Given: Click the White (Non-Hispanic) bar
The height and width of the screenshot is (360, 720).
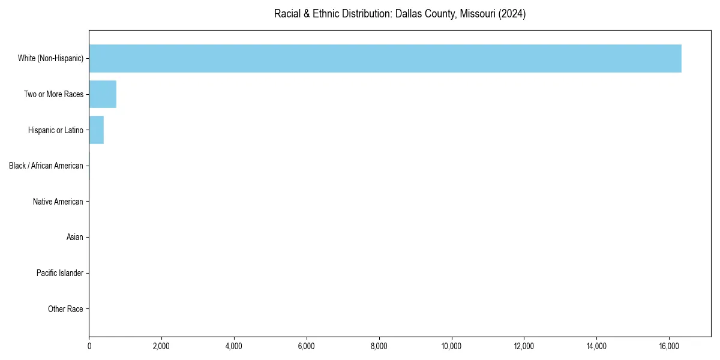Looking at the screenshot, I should point(385,58).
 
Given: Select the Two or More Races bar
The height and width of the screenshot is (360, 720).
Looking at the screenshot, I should point(103,94).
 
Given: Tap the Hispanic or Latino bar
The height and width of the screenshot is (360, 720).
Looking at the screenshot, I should point(97,130).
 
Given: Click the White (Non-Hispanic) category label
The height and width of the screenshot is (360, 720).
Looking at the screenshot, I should point(50,58).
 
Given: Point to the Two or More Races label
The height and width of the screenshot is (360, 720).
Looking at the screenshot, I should point(53,94).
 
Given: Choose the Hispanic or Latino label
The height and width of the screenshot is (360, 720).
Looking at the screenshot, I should point(55,130).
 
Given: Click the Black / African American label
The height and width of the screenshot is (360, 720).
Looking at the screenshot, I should point(46,166).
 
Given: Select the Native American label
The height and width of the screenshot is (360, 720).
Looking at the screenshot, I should point(58,202).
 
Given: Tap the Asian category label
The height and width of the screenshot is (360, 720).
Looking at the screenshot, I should point(74,238).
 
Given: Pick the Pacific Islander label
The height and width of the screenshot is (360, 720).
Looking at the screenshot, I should point(59,274).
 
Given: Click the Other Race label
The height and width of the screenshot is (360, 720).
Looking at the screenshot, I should point(65,309).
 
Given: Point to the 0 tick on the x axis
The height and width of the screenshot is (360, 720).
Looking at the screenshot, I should point(89,346).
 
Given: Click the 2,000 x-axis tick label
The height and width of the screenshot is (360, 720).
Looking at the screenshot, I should point(161,346).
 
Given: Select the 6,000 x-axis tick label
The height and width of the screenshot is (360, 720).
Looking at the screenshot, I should point(307,346).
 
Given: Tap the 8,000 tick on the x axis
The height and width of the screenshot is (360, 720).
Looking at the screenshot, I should point(379,346).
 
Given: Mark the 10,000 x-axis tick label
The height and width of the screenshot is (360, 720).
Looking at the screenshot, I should point(451,346).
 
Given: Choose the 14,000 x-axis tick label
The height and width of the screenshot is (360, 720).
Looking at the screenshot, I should point(596,346).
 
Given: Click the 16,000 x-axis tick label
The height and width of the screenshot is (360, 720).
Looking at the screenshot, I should point(669,346).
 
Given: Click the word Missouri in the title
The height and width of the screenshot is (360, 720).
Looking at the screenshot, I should point(480,14).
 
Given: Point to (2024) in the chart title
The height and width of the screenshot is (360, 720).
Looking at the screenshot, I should point(514,14).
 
